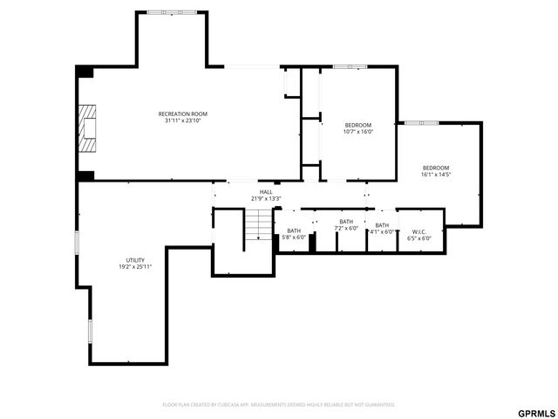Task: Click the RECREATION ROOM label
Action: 182,113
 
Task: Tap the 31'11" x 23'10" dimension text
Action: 182,120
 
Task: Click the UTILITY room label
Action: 135,259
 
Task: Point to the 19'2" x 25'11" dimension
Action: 135,266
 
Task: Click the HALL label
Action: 265,191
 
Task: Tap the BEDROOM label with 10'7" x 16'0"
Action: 358,125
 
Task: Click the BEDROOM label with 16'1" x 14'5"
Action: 436,168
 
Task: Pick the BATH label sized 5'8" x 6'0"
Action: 293,230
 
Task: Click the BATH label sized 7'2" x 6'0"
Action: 346,222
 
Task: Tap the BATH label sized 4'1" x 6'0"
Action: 382,225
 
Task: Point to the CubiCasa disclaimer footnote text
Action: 279,404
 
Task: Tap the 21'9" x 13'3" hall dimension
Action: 265,198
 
